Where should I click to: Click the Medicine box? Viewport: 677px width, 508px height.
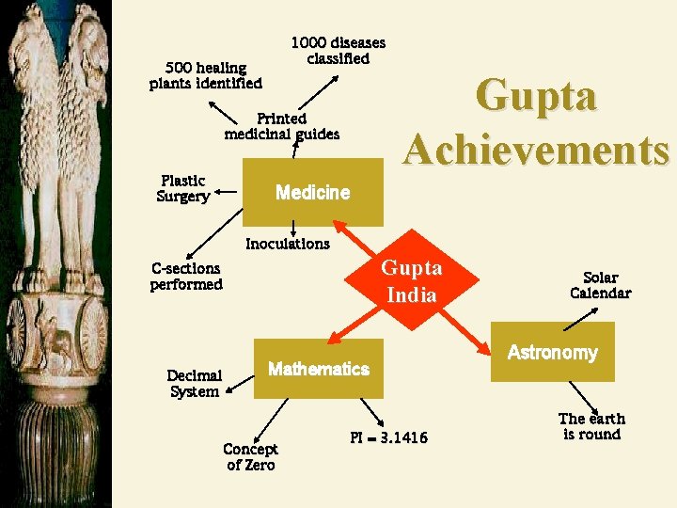coord(312,193)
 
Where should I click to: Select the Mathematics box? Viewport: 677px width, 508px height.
coord(319,369)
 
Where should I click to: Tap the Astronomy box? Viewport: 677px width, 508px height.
coord(552,352)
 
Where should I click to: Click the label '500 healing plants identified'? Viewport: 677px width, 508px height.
coord(206,75)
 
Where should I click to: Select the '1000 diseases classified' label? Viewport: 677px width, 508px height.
coord(338,51)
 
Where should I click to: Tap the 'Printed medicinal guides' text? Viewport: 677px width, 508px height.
coord(282,126)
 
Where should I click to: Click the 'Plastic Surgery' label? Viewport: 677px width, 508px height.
coord(182,188)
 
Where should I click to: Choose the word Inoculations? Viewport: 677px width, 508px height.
coord(288,244)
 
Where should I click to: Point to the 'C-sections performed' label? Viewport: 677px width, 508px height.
coord(186,277)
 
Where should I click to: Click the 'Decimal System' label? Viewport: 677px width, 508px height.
coord(195,384)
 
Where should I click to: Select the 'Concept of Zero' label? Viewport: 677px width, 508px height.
coord(251,457)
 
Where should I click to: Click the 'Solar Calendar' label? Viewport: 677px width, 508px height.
coord(600,285)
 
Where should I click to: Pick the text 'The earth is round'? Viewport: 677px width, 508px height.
coord(591,426)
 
